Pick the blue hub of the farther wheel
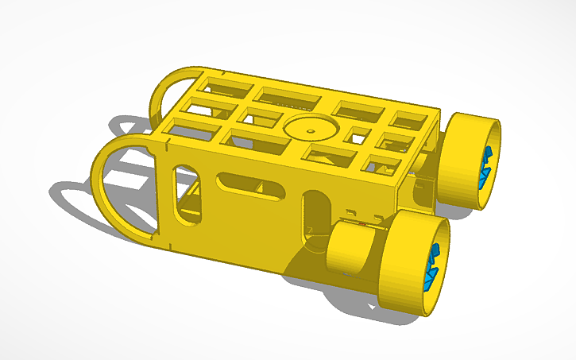[485, 165]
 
